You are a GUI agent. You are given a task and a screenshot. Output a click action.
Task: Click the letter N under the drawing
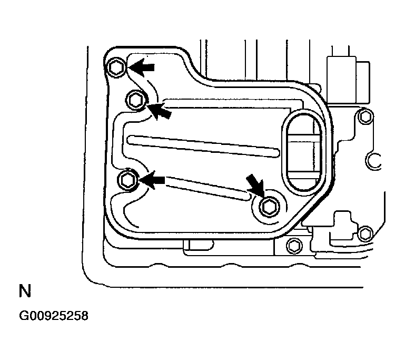(x=24, y=291)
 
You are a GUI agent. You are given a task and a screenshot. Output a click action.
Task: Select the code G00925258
(x=54, y=317)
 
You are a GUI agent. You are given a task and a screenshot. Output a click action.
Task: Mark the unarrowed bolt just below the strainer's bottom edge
(x=293, y=245)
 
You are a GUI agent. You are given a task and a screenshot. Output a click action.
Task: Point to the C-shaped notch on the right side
(x=374, y=160)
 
